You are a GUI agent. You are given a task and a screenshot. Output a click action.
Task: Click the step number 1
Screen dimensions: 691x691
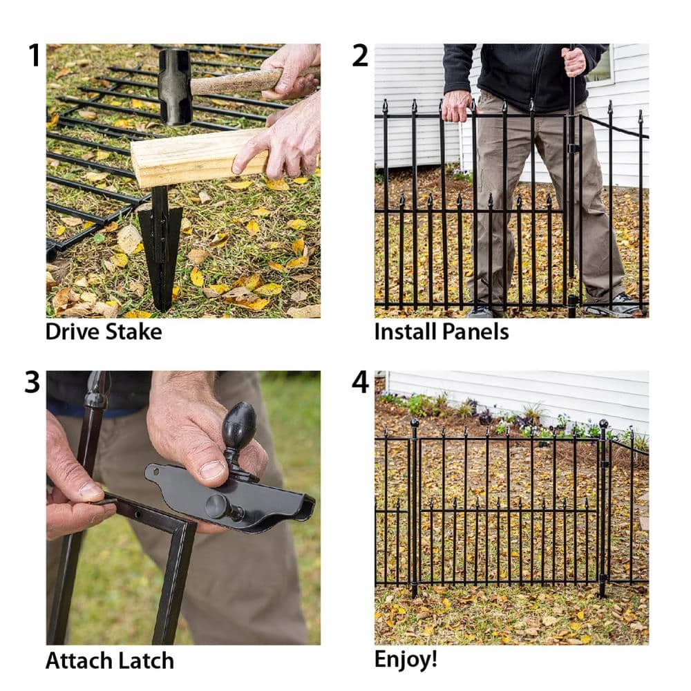34,55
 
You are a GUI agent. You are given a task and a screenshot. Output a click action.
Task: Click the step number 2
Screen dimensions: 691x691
360,55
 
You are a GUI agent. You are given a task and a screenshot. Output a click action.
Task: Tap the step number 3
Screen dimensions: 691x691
32,382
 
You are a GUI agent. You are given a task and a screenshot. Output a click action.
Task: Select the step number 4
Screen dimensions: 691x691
361,382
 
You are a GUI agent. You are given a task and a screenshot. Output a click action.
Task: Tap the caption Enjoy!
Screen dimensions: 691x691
406,659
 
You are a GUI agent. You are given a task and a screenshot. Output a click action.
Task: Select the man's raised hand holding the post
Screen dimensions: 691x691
574,61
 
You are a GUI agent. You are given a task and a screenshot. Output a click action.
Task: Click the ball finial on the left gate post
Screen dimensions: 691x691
415,422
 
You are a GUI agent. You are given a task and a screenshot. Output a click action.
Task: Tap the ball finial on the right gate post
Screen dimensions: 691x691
603,424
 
